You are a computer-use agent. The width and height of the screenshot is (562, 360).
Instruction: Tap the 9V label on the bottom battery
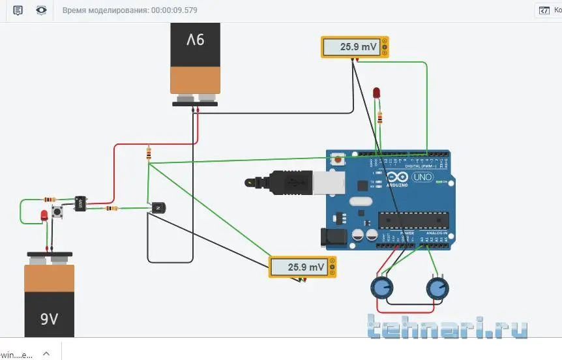click(50, 319)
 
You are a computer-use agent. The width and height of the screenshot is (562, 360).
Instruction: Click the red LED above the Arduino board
click(376, 93)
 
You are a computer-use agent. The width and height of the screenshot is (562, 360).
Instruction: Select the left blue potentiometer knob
click(381, 287)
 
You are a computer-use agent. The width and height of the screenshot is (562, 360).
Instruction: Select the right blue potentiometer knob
click(436, 288)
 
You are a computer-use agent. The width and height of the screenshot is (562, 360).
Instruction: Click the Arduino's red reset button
click(338, 159)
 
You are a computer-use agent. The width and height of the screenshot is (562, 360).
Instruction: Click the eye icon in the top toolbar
click(42, 10)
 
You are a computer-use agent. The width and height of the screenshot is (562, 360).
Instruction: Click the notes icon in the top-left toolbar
click(18, 10)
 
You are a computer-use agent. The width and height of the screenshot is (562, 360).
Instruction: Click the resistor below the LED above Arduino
click(380, 117)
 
